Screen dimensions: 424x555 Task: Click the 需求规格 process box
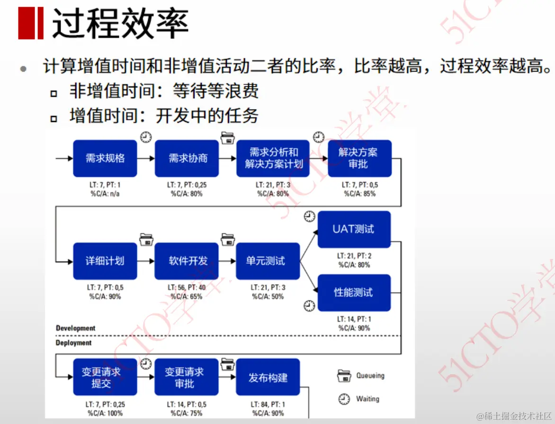pos(105,158)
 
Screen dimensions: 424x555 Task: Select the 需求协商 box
pos(187,158)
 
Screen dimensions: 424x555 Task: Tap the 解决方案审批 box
pos(359,158)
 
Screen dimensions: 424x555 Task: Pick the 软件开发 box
pos(187,261)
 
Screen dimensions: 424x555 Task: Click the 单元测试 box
pos(268,261)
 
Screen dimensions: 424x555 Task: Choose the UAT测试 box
pos(354,229)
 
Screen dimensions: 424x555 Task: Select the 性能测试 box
pos(354,293)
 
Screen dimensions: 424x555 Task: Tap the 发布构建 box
pos(268,378)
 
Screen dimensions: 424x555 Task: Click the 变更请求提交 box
pos(105,378)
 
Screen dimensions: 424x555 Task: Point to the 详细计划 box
pos(105,261)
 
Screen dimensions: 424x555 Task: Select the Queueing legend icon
pos(344,376)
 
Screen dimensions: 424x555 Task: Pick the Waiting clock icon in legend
pos(344,399)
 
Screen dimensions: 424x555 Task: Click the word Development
pos(75,328)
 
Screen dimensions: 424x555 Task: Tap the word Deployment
pos(74,342)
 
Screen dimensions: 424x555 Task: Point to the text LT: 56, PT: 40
pos(187,287)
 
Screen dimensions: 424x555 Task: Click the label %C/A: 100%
pos(105,413)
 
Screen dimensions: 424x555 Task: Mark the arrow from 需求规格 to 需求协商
pos(145,158)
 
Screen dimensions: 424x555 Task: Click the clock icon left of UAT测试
pos(309,217)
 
